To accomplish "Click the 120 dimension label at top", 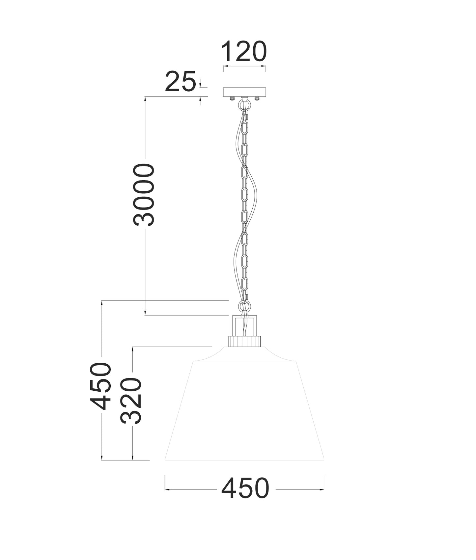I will [244, 52].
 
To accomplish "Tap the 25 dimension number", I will [180, 82].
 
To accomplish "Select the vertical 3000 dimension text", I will [144, 195].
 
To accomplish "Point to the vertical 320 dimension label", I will [131, 401].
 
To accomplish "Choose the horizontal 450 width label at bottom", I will [245, 489].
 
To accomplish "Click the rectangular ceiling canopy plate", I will [244, 92].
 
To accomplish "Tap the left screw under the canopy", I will [232, 98].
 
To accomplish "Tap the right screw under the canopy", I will [257, 98].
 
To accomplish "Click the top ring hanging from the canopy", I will [244, 105].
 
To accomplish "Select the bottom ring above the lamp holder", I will [244, 306].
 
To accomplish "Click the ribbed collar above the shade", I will [244, 341].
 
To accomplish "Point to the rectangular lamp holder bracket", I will [244, 325].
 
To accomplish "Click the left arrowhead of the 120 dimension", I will [225, 66].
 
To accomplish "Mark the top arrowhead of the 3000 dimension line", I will [145, 98].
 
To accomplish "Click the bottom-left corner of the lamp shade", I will [165, 460].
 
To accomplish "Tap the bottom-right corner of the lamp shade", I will [324, 460].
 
